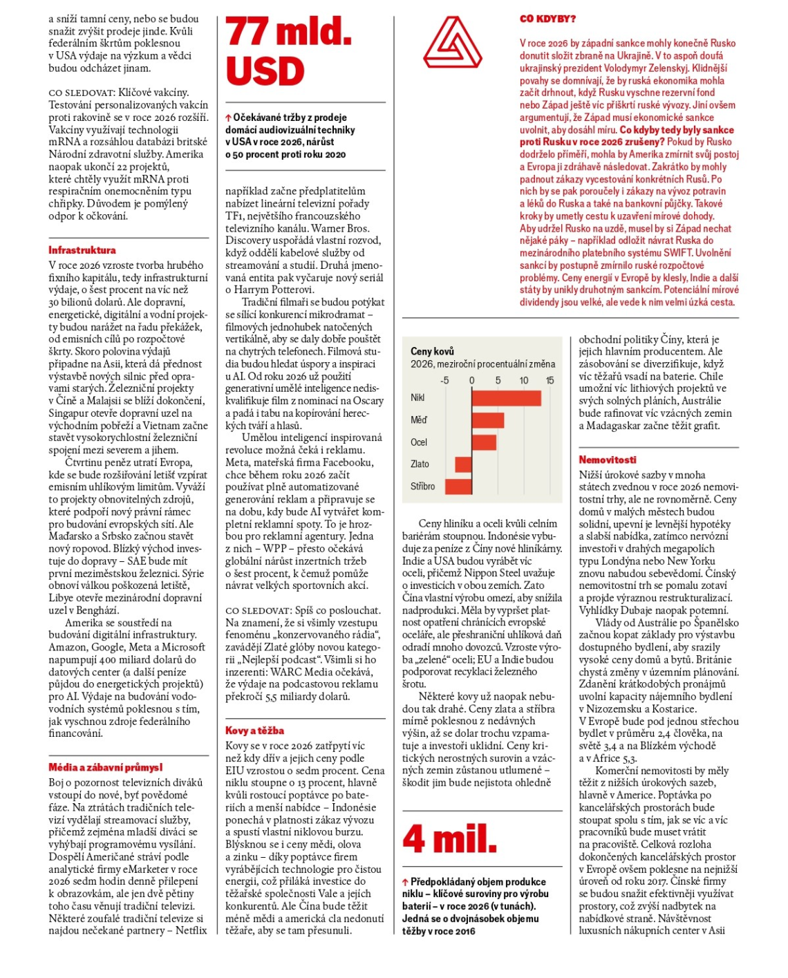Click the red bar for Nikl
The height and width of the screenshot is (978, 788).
[506, 398]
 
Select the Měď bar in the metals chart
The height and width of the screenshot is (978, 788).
[487, 420]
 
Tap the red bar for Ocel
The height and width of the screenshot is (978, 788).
[484, 442]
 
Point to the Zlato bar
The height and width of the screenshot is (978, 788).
[463, 464]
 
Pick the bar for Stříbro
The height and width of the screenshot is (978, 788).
[458, 487]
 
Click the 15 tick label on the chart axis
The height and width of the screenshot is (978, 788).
[550, 380]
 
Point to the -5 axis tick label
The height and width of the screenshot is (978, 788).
[444, 380]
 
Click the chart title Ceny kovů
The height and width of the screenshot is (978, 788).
[432, 351]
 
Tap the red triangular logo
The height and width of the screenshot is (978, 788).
[453, 43]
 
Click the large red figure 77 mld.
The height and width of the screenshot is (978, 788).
[289, 32]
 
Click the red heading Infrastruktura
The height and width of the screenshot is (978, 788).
[82, 250]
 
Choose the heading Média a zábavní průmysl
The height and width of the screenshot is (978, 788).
[106, 767]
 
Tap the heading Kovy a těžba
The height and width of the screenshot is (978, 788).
[254, 731]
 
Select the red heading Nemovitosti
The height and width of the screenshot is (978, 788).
[608, 460]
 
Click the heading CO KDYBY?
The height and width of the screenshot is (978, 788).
[547, 19]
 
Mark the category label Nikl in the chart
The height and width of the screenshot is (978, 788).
[418, 398]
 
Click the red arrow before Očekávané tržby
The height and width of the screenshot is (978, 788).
[229, 118]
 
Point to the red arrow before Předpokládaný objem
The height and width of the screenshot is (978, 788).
[406, 883]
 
